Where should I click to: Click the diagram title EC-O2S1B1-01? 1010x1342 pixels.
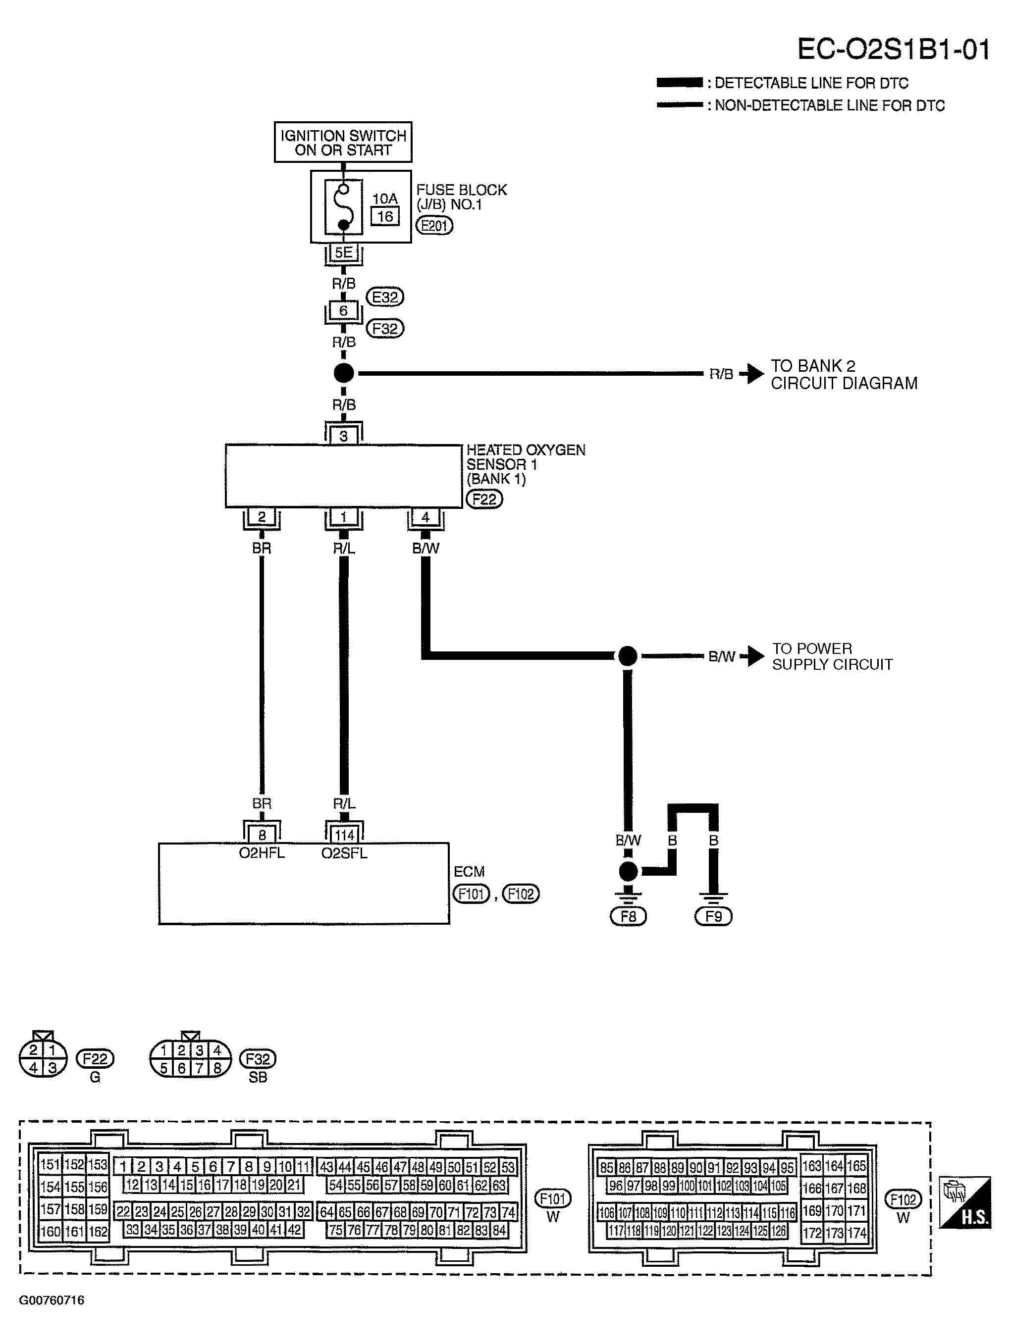[x=894, y=50]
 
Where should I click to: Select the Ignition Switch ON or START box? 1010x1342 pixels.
[x=343, y=142]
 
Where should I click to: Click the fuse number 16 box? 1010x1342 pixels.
[x=385, y=217]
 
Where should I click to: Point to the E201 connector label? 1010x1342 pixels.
[x=434, y=226]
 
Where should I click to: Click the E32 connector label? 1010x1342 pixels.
[x=385, y=298]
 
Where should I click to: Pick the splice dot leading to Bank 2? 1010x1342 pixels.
[x=344, y=373]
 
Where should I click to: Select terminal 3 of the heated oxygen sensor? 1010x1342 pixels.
[x=344, y=436]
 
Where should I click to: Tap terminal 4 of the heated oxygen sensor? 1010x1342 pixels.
[x=425, y=517]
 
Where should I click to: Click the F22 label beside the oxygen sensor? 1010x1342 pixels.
[x=484, y=499]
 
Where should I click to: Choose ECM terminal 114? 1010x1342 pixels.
[x=344, y=835]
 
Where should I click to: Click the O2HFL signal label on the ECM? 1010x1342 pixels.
[x=262, y=853]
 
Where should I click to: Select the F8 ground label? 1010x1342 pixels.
[x=628, y=933]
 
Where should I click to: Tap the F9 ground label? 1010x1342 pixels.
[x=714, y=933]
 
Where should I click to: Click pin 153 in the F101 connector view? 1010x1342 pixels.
[x=98, y=1164]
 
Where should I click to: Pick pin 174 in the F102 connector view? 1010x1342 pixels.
[x=856, y=1233]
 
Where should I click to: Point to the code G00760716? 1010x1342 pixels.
[x=52, y=1300]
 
